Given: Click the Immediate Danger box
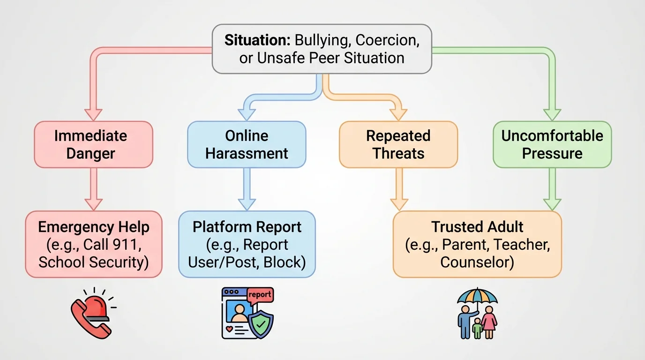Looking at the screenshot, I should tap(93, 144).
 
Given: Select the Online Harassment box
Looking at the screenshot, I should tap(247, 144).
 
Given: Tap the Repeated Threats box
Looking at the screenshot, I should tap(398, 144).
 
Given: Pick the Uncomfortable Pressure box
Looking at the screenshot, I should tap(552, 144).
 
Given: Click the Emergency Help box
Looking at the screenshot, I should tap(93, 244).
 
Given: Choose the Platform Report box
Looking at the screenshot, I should tap(247, 244).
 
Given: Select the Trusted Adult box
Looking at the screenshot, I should tap(477, 244).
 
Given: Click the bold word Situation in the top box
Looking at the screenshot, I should tap(251, 40).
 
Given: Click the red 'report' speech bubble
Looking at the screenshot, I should tap(259, 295).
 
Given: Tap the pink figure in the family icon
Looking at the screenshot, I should tap(489, 321).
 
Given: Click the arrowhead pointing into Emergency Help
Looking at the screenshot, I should tap(93, 204).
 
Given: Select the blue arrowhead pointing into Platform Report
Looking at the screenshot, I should tap(247, 204).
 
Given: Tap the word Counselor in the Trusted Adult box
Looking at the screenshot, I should tap(477, 262).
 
